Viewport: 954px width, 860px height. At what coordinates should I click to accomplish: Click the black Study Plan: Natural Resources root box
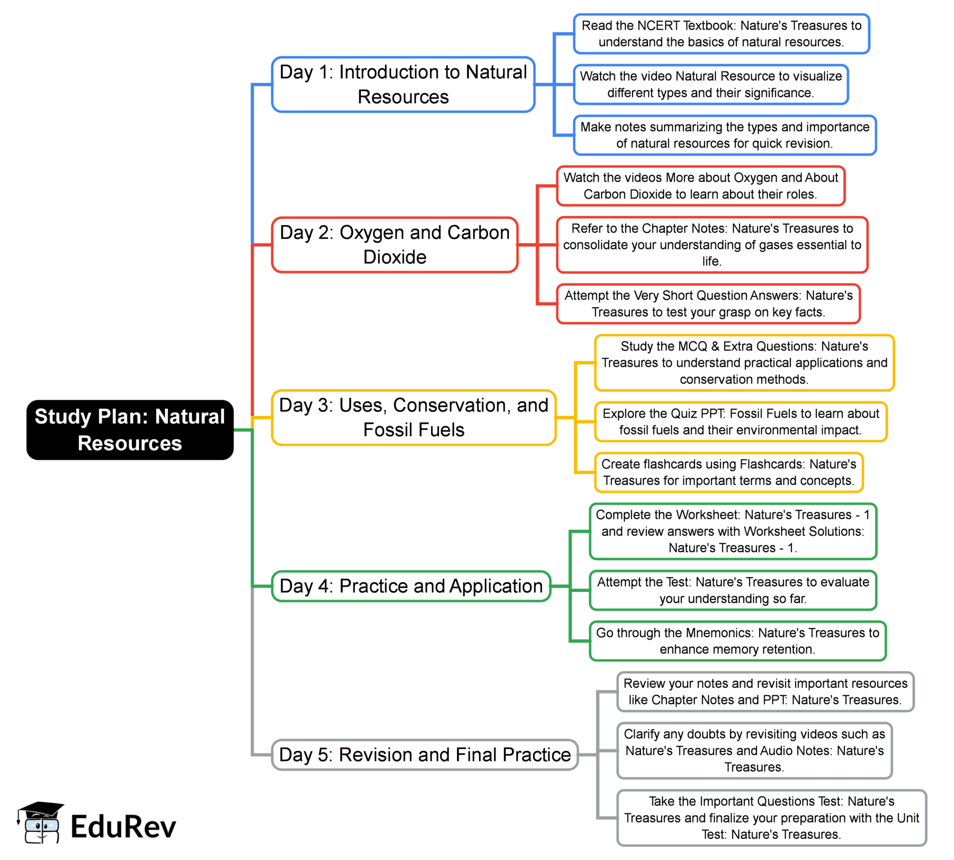[130, 430]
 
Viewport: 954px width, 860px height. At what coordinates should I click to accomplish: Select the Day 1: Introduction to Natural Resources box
[403, 85]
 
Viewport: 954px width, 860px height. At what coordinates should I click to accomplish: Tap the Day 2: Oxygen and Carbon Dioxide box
[395, 245]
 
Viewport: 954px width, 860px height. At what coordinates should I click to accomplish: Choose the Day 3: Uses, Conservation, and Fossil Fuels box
[414, 418]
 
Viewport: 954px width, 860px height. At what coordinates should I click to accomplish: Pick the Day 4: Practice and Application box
[411, 586]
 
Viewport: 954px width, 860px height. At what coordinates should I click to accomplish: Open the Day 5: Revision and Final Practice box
[424, 755]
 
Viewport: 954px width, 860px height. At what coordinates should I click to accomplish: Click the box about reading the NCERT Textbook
[721, 34]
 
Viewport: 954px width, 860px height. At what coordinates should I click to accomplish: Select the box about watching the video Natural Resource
[711, 85]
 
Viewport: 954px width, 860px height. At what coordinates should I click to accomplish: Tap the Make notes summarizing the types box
[725, 135]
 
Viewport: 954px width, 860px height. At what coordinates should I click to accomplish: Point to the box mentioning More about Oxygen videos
[700, 186]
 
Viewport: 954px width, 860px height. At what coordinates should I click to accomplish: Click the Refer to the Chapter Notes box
[712, 245]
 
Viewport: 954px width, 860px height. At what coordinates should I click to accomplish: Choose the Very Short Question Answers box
[708, 304]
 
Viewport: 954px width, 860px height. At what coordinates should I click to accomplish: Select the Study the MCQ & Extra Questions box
[744, 363]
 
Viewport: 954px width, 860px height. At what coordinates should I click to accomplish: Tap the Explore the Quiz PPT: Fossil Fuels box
[741, 422]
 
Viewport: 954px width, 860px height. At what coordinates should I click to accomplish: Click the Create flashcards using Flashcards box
[729, 472]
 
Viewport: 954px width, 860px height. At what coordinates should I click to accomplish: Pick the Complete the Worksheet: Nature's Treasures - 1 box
[733, 531]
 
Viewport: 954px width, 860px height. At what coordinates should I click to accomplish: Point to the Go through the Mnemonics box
[737, 641]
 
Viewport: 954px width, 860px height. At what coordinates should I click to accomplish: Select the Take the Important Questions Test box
[771, 818]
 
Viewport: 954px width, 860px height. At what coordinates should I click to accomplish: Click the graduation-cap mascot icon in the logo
[41, 823]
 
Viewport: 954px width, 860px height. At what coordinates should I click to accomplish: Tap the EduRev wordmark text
[123, 827]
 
